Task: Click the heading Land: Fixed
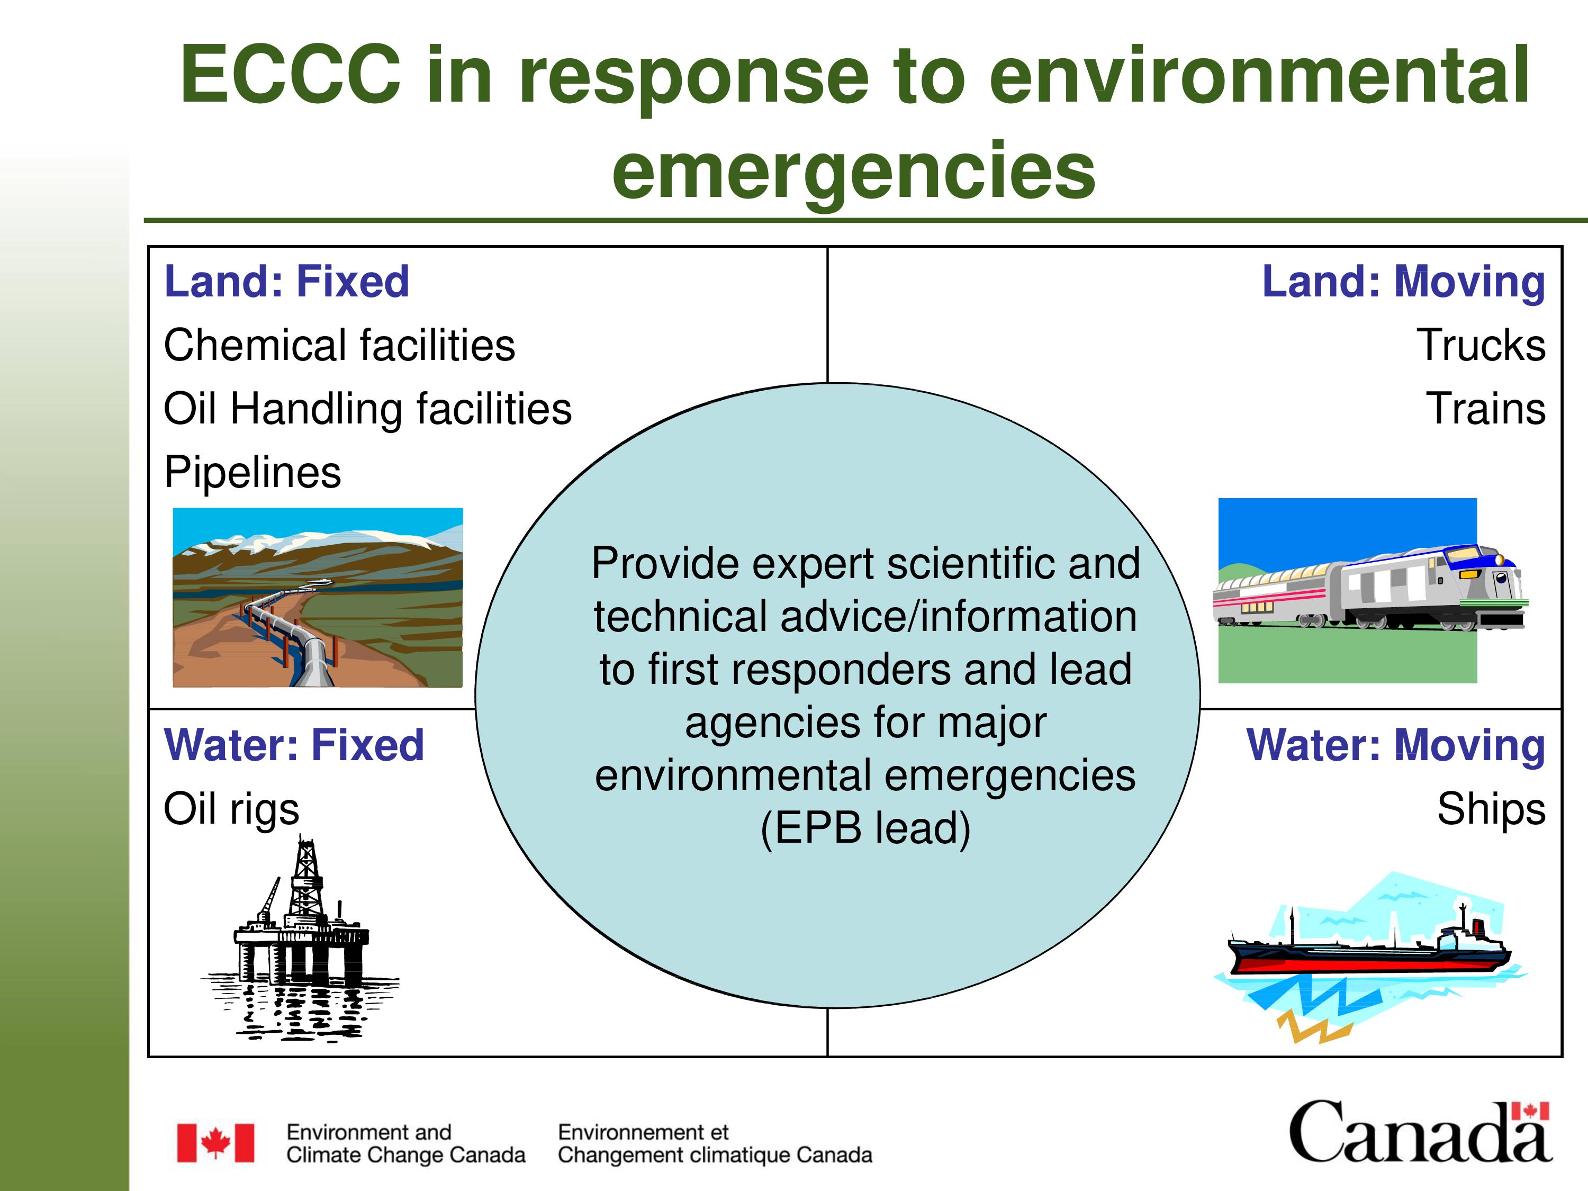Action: pos(286,282)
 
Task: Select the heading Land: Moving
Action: pos(1403,282)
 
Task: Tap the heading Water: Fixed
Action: pos(294,745)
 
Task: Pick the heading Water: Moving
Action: pos(1396,745)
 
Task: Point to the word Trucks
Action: pos(1481,345)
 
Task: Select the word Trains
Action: pos(1485,409)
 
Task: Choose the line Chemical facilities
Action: pos(340,345)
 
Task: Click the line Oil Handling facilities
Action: pos(367,409)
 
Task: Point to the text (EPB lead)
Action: pos(865,828)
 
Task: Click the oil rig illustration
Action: pos(300,937)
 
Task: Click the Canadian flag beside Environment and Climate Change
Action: pos(215,1143)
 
